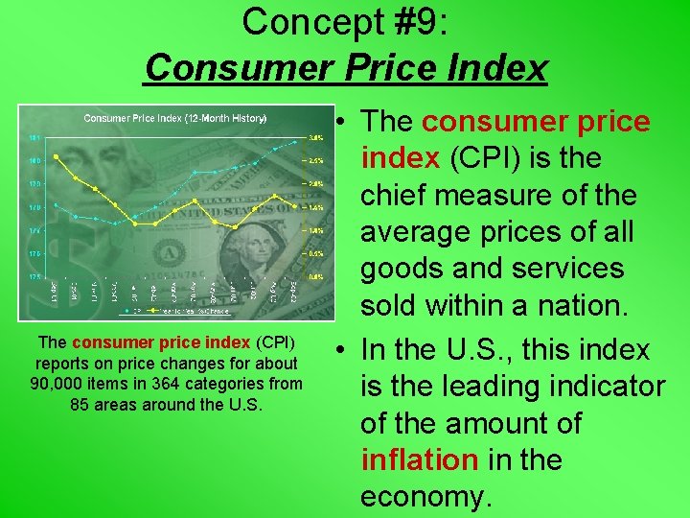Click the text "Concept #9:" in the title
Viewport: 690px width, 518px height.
pos(345,21)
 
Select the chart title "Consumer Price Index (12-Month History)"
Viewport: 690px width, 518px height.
pos(174,118)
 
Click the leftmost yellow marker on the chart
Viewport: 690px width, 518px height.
pos(57,156)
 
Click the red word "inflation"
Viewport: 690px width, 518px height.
pos(419,460)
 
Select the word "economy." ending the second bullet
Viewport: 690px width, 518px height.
pos(425,497)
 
